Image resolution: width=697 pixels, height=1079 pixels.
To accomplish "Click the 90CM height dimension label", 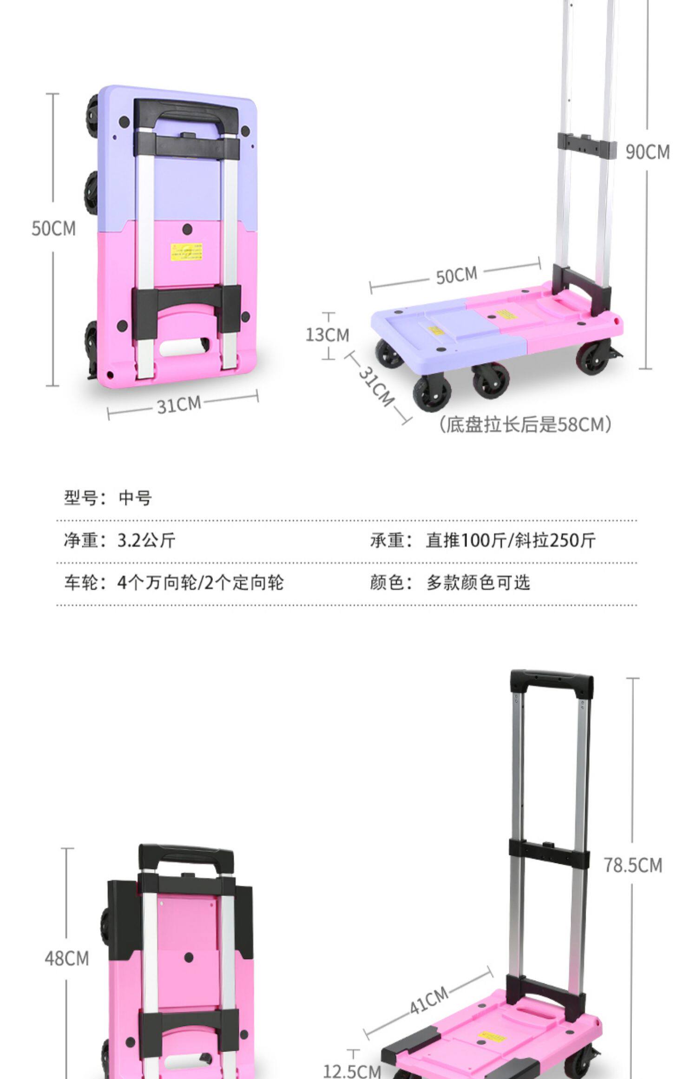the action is click(x=647, y=152).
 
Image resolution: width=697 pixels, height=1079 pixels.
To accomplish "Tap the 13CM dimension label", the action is click(x=327, y=335).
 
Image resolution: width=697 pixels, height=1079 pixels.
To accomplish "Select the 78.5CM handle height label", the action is click(x=633, y=865).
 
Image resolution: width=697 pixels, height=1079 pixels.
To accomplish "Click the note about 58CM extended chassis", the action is click(x=525, y=424).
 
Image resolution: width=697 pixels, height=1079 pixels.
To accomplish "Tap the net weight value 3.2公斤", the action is click(x=146, y=540).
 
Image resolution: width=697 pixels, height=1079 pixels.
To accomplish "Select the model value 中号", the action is click(x=135, y=498).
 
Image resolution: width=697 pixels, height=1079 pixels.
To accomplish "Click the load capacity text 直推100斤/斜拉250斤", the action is click(x=510, y=540).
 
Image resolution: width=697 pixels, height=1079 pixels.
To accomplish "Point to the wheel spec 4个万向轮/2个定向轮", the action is click(x=200, y=582).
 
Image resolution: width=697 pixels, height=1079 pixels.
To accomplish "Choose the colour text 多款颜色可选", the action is click(x=478, y=582).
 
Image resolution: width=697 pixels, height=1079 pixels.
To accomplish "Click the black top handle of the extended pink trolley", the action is click(x=552, y=682).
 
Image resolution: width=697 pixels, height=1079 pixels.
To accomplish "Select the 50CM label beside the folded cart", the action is click(x=53, y=228).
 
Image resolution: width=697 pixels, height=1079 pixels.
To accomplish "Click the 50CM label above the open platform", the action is click(x=456, y=275).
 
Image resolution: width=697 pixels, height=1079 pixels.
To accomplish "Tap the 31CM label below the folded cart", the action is click(x=179, y=405).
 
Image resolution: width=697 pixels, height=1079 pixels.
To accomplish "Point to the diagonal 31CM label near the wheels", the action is click(x=377, y=387).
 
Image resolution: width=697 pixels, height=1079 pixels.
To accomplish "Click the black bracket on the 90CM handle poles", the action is click(x=587, y=144).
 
